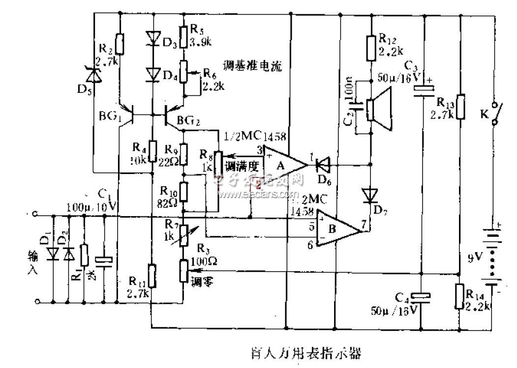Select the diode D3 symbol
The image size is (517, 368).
pyautogui.click(x=152, y=38)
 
